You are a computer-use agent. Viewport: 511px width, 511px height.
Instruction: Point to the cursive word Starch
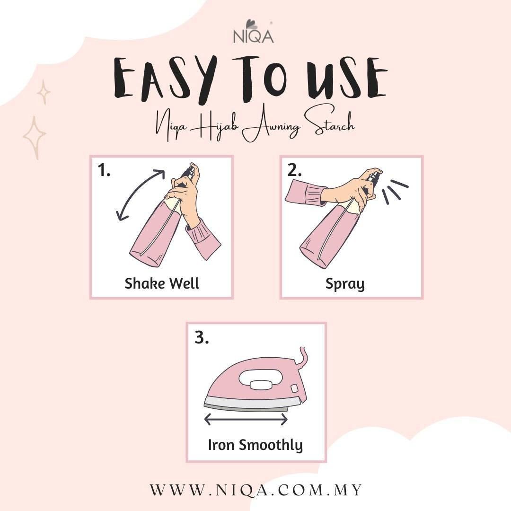(x=327, y=127)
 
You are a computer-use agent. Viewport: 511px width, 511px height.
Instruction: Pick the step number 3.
(x=202, y=338)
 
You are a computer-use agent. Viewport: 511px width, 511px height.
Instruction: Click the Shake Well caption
(x=162, y=283)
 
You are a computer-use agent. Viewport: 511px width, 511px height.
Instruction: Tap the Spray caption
(x=345, y=284)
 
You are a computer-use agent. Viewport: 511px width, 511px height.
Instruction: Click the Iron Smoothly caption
(x=255, y=445)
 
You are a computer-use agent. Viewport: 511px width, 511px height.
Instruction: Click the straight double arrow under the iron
(x=246, y=419)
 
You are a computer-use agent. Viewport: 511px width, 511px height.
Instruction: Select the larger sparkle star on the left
(x=34, y=137)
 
